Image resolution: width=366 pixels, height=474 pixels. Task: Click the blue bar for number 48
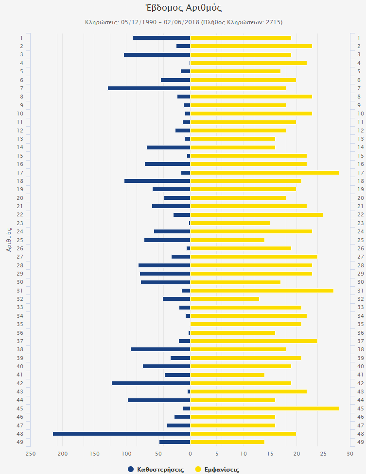tap(122, 433)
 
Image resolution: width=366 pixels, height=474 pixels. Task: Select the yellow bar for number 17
tap(264, 173)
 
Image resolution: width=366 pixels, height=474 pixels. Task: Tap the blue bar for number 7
tap(149, 88)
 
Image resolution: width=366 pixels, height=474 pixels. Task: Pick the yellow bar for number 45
tap(264, 409)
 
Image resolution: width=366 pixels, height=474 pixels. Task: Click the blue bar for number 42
tap(151, 383)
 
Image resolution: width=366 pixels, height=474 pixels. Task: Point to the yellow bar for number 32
tap(224, 299)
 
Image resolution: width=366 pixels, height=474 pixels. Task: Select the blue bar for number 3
tap(157, 55)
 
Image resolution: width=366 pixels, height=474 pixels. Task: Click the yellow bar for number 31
tap(261, 291)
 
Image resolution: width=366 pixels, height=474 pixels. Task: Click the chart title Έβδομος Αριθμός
tap(183, 8)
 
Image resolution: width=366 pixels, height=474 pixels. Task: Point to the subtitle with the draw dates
tap(183, 22)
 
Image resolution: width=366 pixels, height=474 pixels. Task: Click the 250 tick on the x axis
tap(31, 454)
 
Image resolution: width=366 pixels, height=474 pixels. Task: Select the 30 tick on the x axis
tap(350, 454)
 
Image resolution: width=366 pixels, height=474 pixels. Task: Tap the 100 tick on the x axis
tap(126, 454)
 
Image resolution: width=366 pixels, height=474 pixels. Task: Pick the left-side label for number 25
tap(20, 240)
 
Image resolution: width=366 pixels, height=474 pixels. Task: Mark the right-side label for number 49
tap(361, 442)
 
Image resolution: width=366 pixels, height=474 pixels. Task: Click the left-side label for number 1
tap(21, 38)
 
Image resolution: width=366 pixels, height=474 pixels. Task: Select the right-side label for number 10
tap(361, 114)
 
